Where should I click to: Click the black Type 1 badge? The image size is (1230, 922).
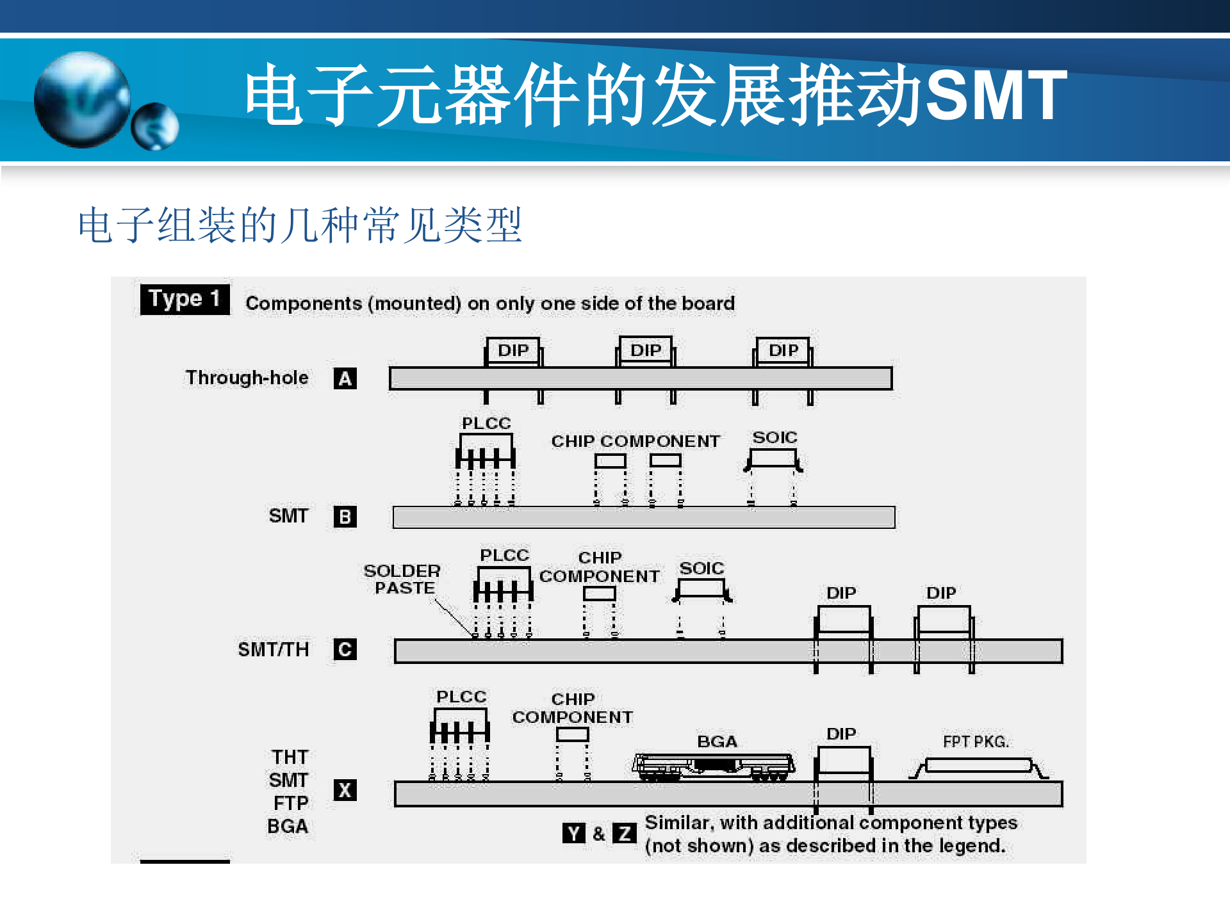point(184,299)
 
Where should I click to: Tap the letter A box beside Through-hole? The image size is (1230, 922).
point(345,378)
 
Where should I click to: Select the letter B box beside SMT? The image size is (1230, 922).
point(345,517)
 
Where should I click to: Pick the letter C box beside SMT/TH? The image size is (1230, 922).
point(345,649)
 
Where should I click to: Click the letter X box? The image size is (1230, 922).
point(345,790)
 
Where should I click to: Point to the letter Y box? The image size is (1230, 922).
point(573,833)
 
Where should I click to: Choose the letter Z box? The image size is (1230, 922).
point(624,833)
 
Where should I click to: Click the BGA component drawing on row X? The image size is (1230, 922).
point(713,766)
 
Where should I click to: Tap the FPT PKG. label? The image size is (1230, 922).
point(975,741)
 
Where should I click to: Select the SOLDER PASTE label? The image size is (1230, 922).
point(402,579)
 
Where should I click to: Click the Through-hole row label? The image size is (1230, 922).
point(247,378)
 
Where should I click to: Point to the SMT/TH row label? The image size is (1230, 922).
point(273,649)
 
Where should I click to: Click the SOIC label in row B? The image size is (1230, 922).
point(775,437)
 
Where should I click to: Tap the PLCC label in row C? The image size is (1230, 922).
point(504,555)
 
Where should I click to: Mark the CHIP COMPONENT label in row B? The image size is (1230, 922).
point(635,441)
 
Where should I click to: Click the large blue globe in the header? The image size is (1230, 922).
point(82,99)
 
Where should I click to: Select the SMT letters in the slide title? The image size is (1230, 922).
point(996,95)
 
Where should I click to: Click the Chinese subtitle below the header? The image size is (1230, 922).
point(300,225)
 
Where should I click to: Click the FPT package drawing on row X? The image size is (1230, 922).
point(978,766)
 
